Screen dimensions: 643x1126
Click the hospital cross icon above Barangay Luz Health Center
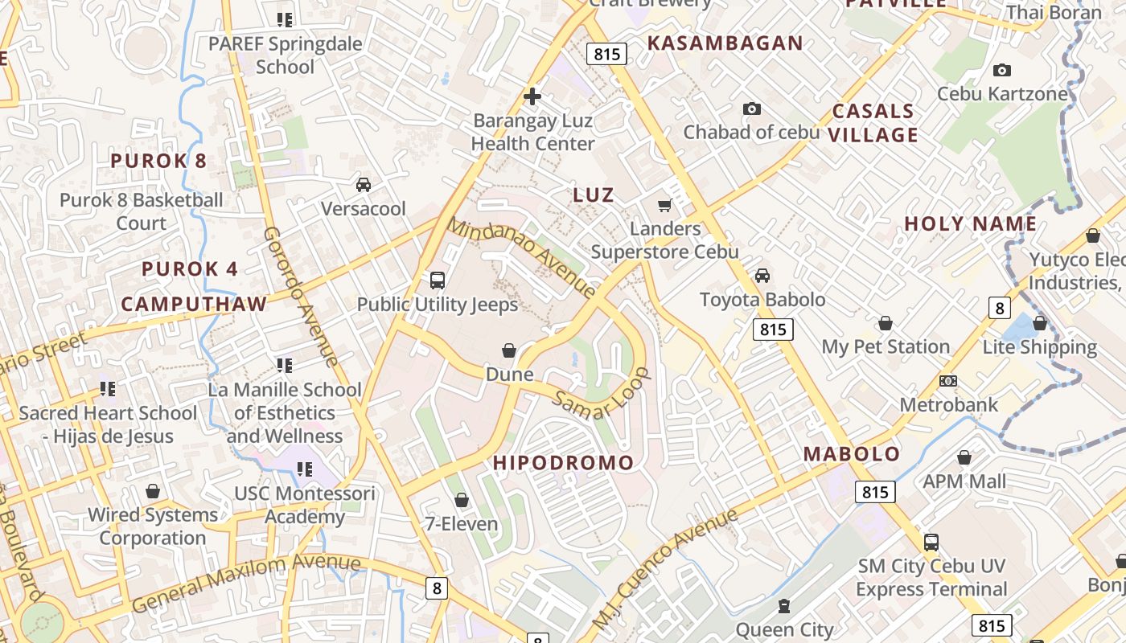point(532,96)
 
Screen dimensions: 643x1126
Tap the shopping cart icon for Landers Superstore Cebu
point(664,206)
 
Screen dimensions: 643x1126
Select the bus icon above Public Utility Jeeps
point(438,281)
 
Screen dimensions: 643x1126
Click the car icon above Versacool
point(364,185)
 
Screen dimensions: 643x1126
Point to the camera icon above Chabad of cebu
point(751,109)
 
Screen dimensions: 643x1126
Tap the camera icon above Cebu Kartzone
point(1001,71)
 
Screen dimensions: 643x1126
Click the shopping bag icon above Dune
point(509,350)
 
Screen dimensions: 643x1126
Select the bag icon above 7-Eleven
point(462,501)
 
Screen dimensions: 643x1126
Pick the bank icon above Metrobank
point(948,381)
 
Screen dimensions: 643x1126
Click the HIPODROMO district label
point(563,463)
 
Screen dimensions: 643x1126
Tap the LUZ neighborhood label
point(594,195)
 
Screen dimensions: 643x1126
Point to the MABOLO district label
point(852,453)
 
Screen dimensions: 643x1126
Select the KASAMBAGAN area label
point(725,43)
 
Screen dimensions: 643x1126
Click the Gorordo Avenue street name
point(301,295)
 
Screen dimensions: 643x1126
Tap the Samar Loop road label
point(602,394)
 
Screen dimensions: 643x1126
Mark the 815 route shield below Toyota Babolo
point(773,329)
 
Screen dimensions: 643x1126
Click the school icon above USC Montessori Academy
point(304,469)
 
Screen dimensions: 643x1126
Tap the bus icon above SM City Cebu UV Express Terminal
point(931,543)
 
